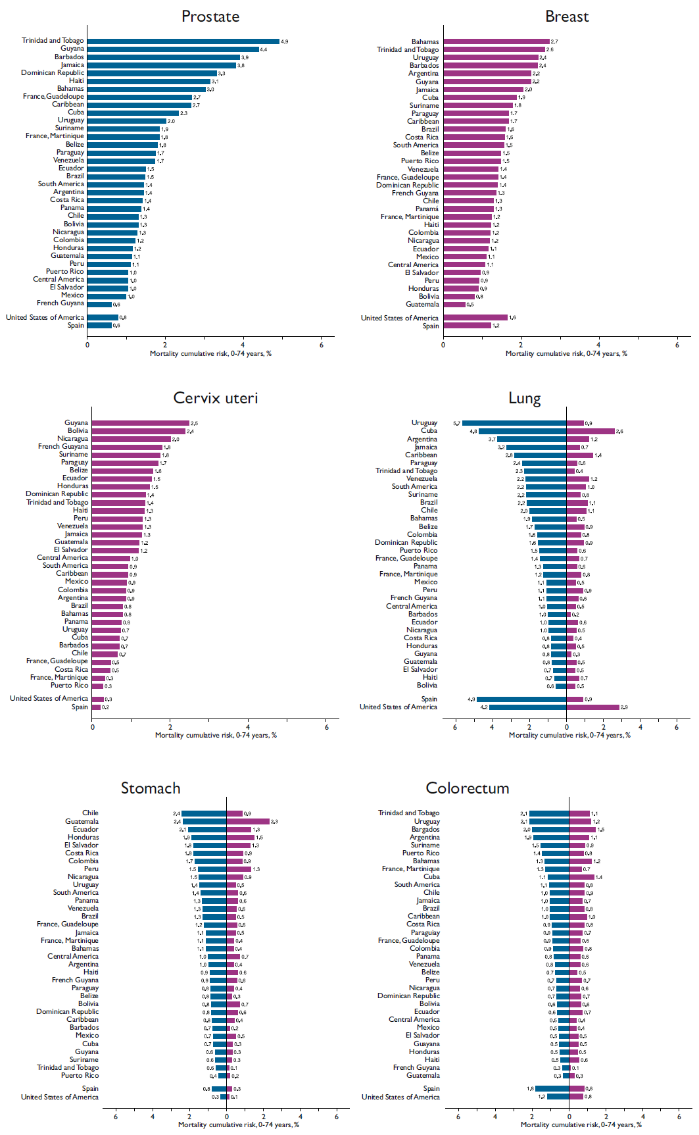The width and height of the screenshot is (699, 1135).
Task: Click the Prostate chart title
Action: [x=210, y=16]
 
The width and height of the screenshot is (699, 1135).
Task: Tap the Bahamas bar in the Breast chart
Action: [x=496, y=41]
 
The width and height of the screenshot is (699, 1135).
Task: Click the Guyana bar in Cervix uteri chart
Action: [x=140, y=423]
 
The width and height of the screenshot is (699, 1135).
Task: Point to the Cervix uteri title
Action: [x=216, y=398]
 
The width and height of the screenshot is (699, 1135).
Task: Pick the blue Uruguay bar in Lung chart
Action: [x=514, y=423]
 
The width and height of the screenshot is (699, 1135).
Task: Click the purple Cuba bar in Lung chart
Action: [x=591, y=431]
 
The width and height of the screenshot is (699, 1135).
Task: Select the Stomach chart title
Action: [x=151, y=788]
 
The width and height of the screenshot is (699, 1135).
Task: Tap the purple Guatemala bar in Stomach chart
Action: [x=248, y=821]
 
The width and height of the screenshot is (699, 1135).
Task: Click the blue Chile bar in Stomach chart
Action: [x=204, y=813]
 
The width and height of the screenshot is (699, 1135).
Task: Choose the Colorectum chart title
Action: [x=468, y=788]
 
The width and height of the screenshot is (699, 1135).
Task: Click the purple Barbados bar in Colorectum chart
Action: [x=582, y=829]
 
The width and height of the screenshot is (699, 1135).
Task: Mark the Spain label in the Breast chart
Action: [x=431, y=326]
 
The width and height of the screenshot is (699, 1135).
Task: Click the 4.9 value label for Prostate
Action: [x=285, y=41]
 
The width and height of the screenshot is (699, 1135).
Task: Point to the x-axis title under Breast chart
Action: [x=566, y=353]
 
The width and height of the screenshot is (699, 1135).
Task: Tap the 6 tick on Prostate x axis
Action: [x=322, y=345]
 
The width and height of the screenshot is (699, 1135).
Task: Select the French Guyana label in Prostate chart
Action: [x=60, y=303]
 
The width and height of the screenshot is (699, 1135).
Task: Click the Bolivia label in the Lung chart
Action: [x=427, y=685]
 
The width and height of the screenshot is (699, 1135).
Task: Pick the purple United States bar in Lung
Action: [x=592, y=707]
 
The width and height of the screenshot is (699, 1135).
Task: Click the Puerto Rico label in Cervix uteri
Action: [x=69, y=685]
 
